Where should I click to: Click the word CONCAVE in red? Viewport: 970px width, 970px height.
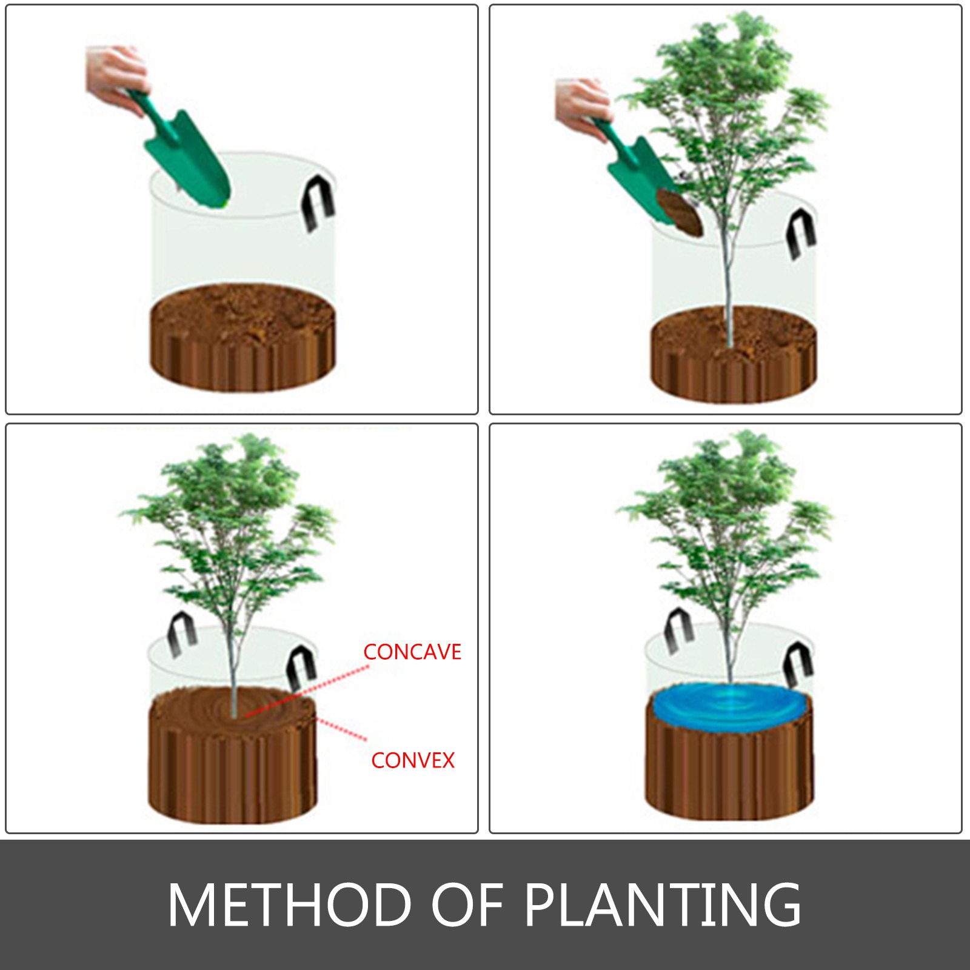coord(412,652)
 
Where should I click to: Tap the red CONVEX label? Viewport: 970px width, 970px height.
coord(413,760)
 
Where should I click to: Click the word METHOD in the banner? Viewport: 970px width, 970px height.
coord(289,905)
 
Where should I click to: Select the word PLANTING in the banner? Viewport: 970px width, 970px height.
coord(662,905)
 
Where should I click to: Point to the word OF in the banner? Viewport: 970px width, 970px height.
coord(467,905)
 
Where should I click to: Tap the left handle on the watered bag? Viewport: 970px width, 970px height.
coord(678,630)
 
